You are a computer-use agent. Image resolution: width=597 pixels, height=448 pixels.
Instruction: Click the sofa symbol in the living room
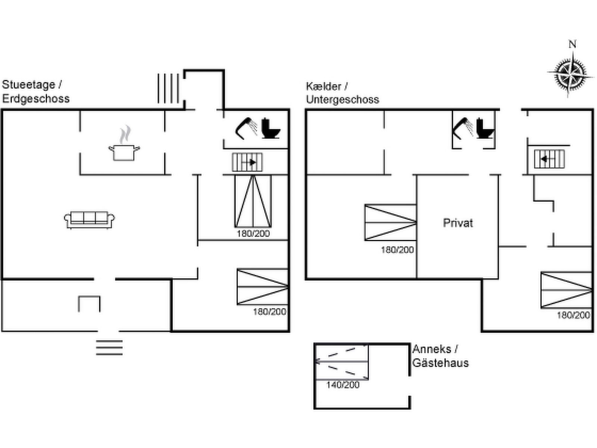89,220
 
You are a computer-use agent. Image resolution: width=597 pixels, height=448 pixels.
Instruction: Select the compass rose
570,74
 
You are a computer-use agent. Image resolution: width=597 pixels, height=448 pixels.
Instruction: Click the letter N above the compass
572,44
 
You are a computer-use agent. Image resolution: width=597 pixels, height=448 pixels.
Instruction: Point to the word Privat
458,223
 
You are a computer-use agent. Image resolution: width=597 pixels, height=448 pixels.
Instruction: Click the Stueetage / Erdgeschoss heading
35,92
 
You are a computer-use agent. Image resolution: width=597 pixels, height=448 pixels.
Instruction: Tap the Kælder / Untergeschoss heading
343,93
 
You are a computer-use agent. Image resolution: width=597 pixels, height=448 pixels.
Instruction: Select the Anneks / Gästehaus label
441,356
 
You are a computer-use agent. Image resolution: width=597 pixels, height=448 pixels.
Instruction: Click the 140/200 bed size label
343,385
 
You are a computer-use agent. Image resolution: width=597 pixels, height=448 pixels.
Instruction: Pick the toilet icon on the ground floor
271,128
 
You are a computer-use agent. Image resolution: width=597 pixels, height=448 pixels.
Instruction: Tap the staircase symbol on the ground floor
247,162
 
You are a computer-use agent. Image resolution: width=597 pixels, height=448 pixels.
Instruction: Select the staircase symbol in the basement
549,159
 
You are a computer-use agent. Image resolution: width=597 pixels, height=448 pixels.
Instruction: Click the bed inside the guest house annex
342,362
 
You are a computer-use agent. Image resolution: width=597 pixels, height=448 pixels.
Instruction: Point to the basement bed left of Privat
391,223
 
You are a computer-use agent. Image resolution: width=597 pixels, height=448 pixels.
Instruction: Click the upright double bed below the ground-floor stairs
253,201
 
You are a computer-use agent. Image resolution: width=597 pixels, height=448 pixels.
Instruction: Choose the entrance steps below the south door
109,348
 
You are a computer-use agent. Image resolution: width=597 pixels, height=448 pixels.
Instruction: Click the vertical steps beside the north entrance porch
168,88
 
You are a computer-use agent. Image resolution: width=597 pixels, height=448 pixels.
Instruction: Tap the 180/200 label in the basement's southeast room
573,315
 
